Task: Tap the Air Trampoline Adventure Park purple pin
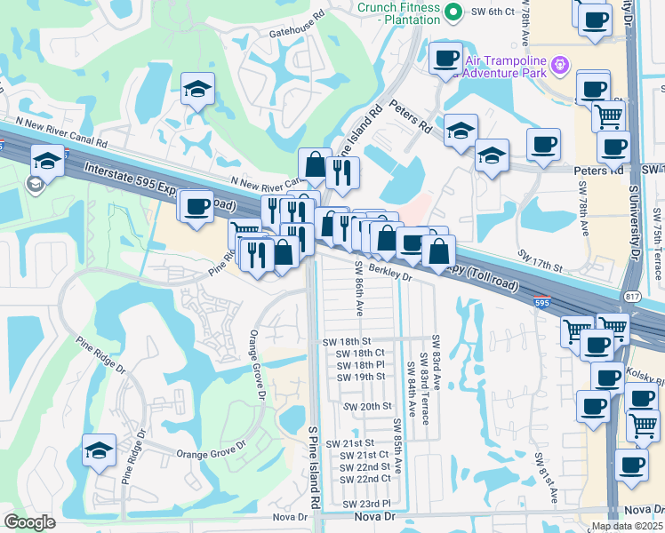(x=560, y=64)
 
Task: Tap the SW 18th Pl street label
(x=360, y=364)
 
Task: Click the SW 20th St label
(x=365, y=406)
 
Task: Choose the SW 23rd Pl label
(x=366, y=503)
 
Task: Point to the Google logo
(x=30, y=522)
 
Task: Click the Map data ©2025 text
(x=627, y=526)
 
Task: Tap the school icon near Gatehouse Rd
(x=198, y=89)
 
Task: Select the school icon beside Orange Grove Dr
(x=99, y=450)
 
